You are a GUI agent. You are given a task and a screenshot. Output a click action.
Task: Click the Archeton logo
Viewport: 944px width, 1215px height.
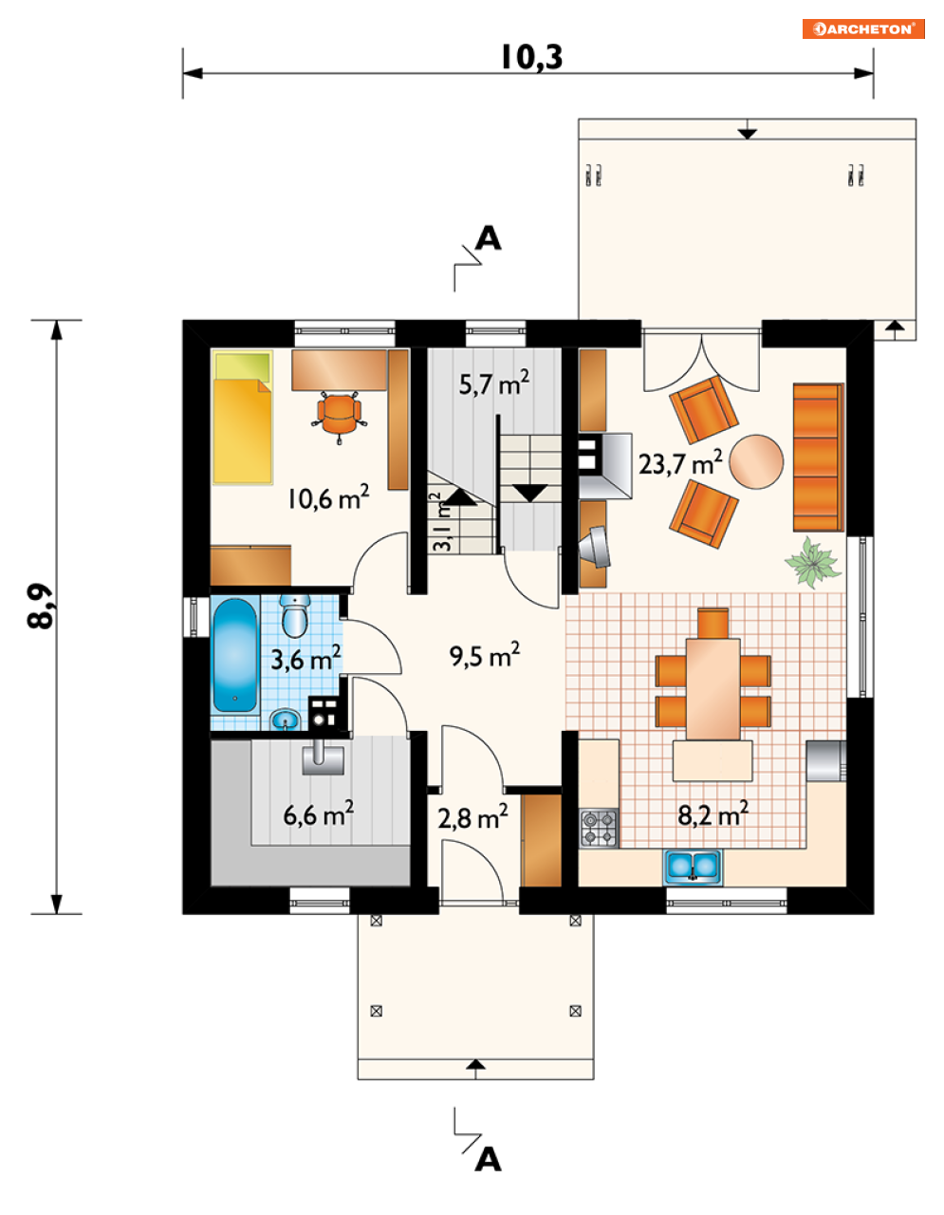click(863, 29)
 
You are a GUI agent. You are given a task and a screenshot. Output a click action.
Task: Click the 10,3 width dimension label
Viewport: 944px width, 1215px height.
click(531, 57)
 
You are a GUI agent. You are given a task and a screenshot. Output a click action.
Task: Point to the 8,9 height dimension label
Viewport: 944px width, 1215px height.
click(41, 607)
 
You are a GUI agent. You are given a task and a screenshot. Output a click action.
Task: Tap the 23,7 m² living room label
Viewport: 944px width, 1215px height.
click(680, 462)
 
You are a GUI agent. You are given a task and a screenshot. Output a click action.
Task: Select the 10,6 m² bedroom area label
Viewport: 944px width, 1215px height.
click(328, 497)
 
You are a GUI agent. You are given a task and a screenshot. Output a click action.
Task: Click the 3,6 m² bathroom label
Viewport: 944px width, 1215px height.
click(305, 658)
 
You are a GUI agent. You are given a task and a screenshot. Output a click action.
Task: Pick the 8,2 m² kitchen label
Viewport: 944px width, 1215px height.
click(713, 814)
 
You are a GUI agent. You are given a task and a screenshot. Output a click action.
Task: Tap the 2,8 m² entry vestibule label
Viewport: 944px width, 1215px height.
click(472, 817)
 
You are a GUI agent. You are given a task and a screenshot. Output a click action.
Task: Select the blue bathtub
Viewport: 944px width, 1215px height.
click(235, 655)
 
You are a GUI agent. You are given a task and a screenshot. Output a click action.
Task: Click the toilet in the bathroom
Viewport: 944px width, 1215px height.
click(294, 616)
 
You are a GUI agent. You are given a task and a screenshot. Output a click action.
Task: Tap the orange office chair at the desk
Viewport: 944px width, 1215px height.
click(339, 412)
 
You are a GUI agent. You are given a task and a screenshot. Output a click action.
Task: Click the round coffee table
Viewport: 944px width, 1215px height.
click(756, 462)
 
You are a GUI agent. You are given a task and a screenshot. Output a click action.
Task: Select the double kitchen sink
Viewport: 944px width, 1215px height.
click(693, 866)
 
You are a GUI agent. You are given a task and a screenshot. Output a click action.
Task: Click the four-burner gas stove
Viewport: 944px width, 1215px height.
click(599, 828)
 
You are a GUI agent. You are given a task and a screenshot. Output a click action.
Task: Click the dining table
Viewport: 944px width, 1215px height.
click(713, 688)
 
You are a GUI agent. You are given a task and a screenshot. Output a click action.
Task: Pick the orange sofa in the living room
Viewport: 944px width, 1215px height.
click(818, 457)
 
